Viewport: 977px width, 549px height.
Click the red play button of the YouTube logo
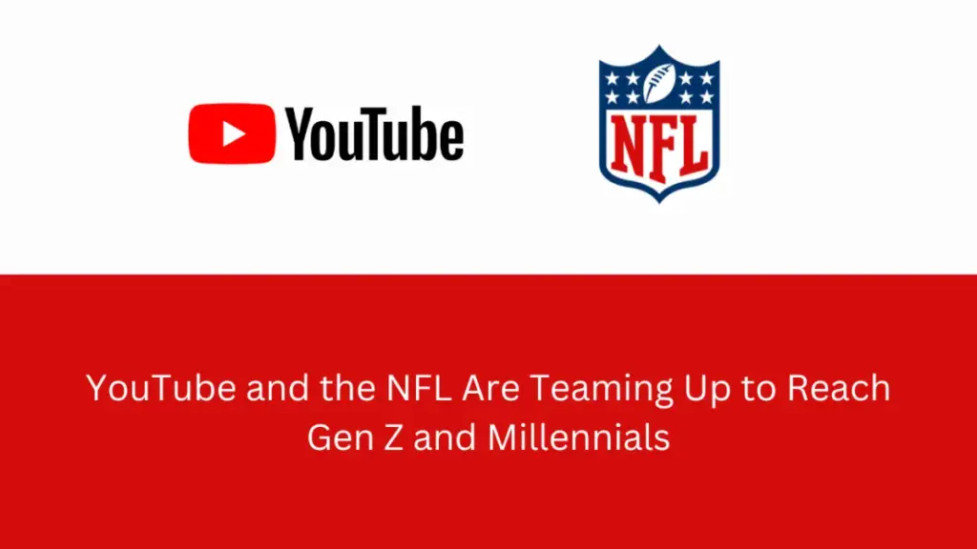click(x=232, y=133)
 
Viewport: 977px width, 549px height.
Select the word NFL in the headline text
click(x=419, y=388)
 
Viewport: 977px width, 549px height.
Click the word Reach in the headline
click(x=839, y=388)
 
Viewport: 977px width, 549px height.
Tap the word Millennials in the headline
click(x=579, y=437)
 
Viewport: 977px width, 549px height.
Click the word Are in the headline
click(x=491, y=388)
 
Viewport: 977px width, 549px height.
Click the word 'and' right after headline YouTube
click(x=278, y=388)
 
